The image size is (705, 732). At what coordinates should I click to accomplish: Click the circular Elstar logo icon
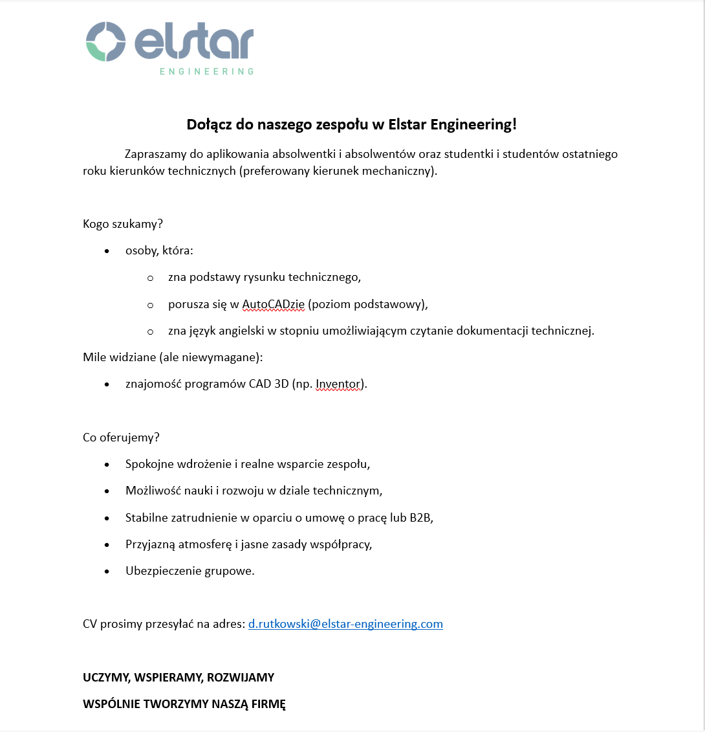click(105, 42)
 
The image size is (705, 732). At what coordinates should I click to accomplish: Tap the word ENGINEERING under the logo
click(206, 71)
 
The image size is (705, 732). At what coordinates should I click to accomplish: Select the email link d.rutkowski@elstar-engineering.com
click(345, 624)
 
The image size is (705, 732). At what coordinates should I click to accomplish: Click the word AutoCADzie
click(273, 304)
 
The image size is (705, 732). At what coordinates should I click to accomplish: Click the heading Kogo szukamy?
click(123, 224)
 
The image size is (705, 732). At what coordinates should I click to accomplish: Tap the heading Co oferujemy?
click(121, 437)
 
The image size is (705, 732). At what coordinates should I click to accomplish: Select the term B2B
click(420, 517)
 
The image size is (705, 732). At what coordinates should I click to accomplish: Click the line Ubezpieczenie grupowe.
click(190, 571)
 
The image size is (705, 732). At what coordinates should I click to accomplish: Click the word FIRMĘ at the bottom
click(265, 704)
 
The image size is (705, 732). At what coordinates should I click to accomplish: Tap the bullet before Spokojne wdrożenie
click(107, 465)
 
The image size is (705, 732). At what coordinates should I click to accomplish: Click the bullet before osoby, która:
click(107, 251)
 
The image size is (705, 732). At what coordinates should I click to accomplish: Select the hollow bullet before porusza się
click(150, 304)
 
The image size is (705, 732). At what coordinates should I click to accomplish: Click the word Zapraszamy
click(157, 155)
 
